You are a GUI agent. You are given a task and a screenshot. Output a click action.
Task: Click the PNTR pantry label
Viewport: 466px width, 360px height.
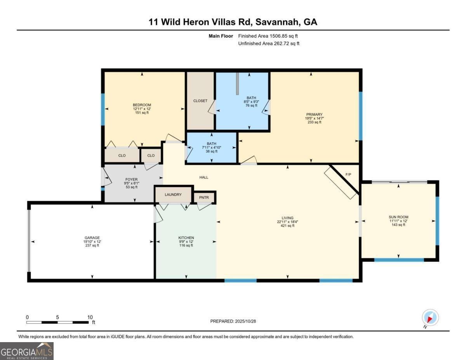pyautogui.click(x=204, y=198)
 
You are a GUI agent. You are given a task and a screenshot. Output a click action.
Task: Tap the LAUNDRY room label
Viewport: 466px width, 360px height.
pyautogui.click(x=173, y=195)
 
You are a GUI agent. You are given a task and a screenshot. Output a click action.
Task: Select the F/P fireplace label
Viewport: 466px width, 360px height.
pyautogui.click(x=348, y=174)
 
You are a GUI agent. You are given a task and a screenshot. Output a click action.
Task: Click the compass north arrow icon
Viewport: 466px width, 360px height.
pyautogui.click(x=430, y=318)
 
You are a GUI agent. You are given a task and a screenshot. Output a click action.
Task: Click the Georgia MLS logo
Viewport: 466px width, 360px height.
pyautogui.click(x=27, y=351)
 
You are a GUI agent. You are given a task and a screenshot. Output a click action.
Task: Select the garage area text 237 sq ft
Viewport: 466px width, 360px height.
pyautogui.click(x=92, y=245)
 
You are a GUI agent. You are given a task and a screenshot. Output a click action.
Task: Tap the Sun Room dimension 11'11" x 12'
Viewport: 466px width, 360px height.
pyautogui.click(x=398, y=221)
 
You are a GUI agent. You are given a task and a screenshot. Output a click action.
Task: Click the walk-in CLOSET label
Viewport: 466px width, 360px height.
pyautogui.click(x=200, y=101)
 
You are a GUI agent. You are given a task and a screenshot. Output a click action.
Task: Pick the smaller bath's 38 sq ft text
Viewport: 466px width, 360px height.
pyautogui.click(x=212, y=151)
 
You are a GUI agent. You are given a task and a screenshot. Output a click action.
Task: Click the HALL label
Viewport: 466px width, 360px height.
pyautogui.click(x=204, y=177)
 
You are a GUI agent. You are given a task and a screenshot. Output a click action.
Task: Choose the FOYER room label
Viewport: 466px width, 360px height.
pyautogui.click(x=132, y=179)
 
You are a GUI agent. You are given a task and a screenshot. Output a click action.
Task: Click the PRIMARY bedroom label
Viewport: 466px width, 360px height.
pyautogui.click(x=314, y=115)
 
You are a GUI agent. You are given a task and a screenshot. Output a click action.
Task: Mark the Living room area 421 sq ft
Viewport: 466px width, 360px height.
pyautogui.click(x=287, y=226)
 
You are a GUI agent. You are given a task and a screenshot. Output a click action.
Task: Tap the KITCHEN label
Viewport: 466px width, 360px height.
pyautogui.click(x=186, y=238)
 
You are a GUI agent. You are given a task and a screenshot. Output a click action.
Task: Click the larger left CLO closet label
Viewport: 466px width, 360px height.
pyautogui.click(x=122, y=155)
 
